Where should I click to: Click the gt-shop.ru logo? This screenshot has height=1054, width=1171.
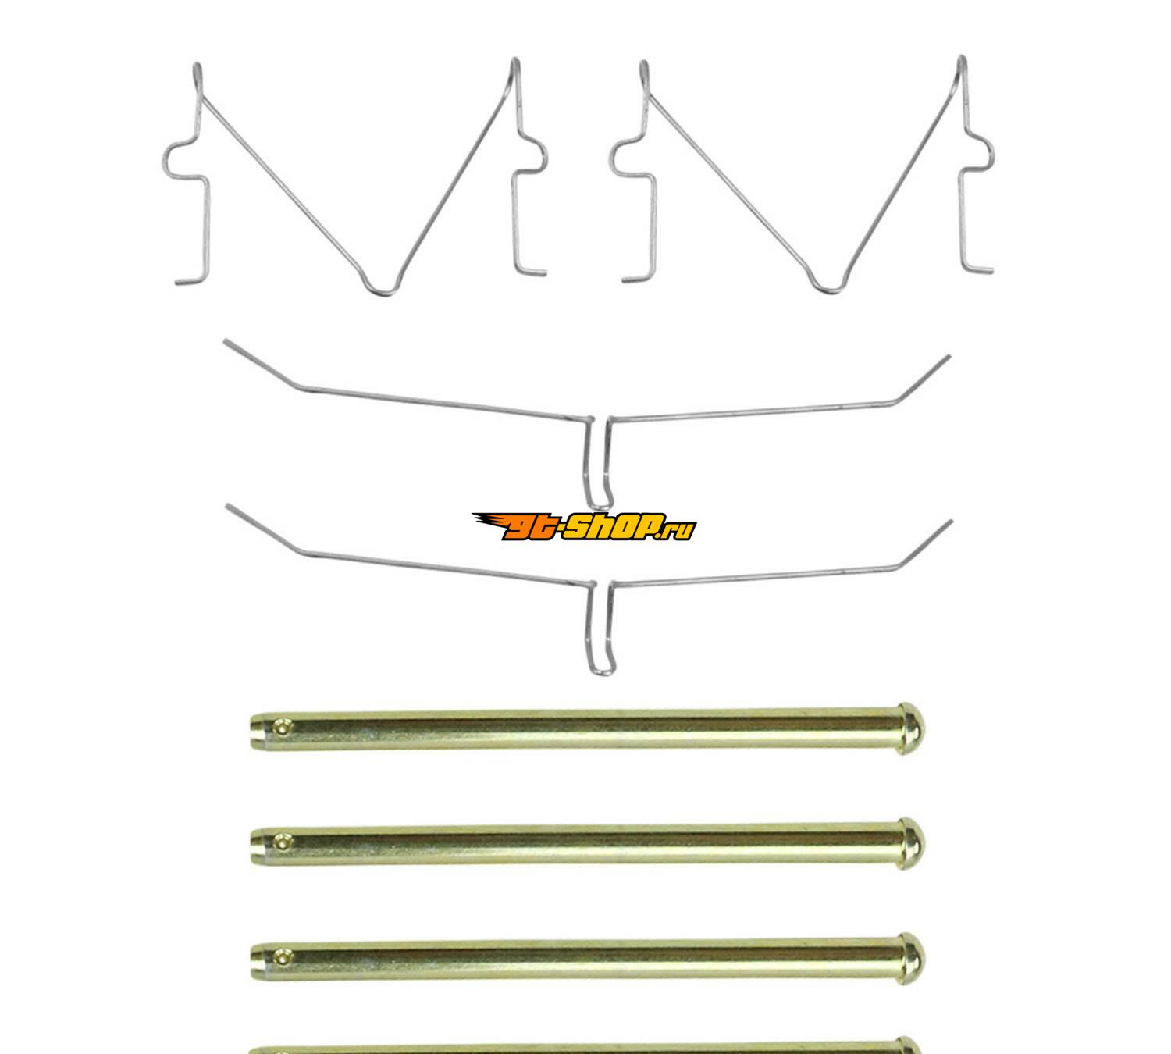pyautogui.click(x=584, y=526)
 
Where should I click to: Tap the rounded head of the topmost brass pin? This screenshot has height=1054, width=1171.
pyautogui.click(x=911, y=728)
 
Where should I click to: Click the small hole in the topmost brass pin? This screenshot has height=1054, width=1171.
pyautogui.click(x=283, y=728)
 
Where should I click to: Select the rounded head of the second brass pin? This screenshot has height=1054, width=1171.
pyautogui.click(x=911, y=844)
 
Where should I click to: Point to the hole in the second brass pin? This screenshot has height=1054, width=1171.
pyautogui.click(x=283, y=842)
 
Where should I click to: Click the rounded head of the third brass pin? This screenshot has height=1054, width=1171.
pyautogui.click(x=911, y=959)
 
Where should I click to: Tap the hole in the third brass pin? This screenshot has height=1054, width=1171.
pyautogui.click(x=283, y=958)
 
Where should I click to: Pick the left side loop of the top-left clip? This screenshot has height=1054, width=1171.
pyautogui.click(x=166, y=158)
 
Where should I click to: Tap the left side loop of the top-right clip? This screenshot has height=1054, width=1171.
pyautogui.click(x=613, y=158)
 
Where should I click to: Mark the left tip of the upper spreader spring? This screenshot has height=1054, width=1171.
pyautogui.click(x=225, y=341)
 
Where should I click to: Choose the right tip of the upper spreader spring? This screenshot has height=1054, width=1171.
pyautogui.click(x=949, y=356)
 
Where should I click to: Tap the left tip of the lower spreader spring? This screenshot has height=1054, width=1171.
pyautogui.click(x=227, y=506)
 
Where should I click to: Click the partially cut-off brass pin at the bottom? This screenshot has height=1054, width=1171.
pyautogui.click(x=584, y=1049)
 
